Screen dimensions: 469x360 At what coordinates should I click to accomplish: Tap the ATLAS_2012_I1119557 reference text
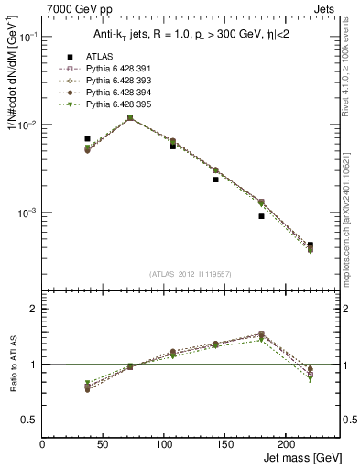[x=191, y=274]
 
